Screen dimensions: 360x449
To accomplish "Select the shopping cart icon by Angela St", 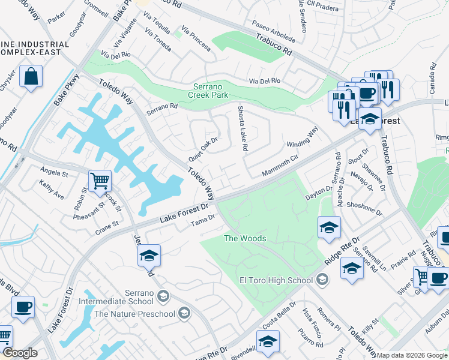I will (100, 180).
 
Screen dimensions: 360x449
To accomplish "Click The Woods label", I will (245, 238).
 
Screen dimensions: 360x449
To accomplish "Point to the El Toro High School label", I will (277, 280).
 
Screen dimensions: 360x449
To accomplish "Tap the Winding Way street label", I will (302, 138).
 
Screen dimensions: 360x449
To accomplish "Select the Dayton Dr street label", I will (319, 193).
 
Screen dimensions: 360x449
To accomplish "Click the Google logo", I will (20, 353).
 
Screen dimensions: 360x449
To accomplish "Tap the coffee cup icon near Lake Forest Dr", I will (23, 306).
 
